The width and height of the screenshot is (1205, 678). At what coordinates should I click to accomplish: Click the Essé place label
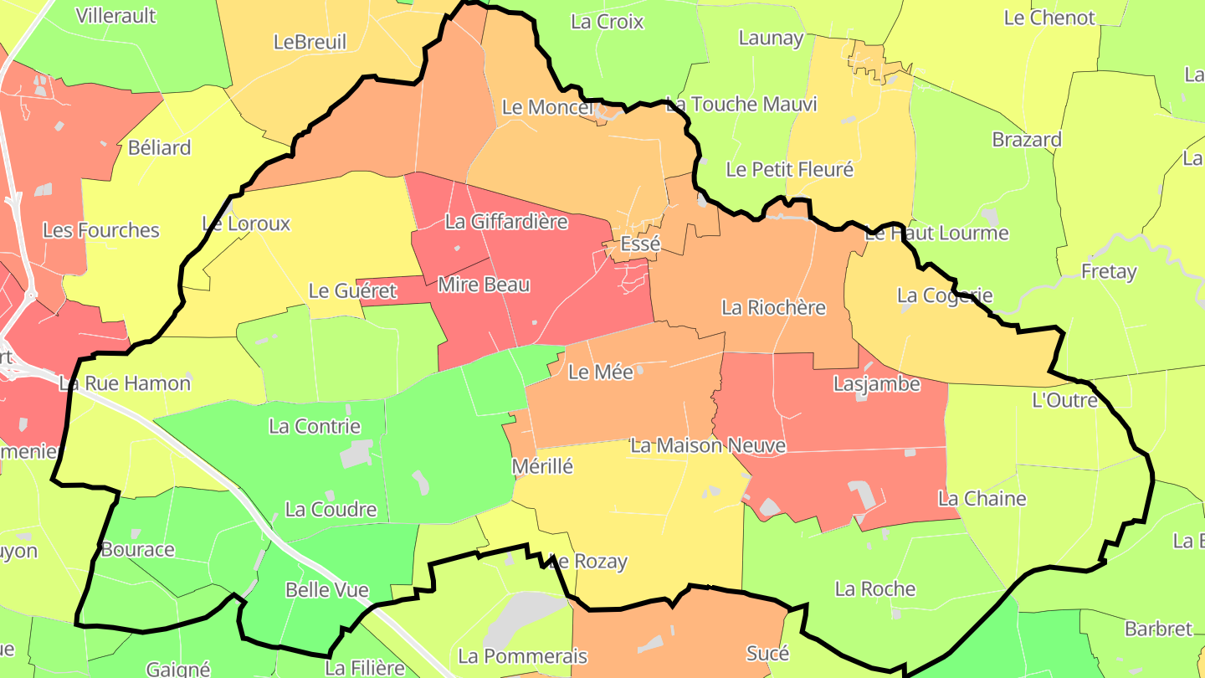[x=640, y=244]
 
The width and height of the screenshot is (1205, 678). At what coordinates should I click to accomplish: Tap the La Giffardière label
[x=506, y=222]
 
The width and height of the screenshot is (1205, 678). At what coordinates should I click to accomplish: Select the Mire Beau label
[x=484, y=285]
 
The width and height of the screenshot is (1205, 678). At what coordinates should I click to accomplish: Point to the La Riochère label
[x=773, y=307]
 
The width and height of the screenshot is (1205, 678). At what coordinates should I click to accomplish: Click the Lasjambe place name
[x=876, y=384]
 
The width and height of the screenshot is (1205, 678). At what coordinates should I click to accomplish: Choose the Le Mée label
[x=601, y=372]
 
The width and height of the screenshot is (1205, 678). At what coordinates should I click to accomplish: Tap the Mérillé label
[x=542, y=466]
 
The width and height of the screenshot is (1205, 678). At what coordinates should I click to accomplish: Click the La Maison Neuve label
[x=708, y=445]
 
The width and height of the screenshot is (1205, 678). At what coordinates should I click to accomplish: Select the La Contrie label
[x=315, y=426]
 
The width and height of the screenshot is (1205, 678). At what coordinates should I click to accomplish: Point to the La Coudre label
[x=331, y=509]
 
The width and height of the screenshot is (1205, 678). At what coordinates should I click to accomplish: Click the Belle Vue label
[x=327, y=590]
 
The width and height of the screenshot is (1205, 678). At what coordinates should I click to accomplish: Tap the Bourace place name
[x=137, y=550]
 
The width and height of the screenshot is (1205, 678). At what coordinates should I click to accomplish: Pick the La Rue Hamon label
[x=125, y=383]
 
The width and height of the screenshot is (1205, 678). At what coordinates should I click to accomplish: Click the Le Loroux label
[x=246, y=223]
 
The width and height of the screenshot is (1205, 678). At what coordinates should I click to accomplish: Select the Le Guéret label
[x=352, y=291]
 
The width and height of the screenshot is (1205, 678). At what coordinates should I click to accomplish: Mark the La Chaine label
[x=982, y=499]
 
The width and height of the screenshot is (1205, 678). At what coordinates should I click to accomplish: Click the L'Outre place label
[x=1065, y=400]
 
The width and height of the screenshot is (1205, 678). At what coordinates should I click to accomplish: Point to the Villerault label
[x=115, y=15]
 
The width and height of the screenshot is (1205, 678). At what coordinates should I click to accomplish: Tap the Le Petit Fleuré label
[x=789, y=169]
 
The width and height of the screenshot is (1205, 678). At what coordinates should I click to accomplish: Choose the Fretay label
[x=1109, y=271]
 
